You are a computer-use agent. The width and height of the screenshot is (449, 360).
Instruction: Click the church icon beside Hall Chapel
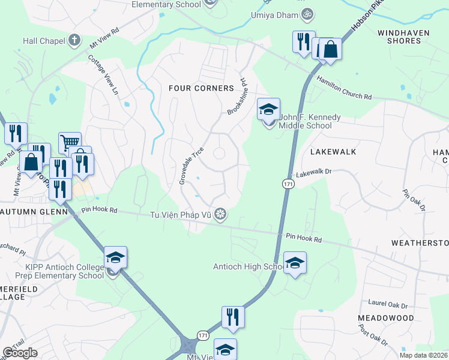click(74, 40)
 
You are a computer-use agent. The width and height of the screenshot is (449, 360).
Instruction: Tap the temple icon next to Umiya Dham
click(307, 13)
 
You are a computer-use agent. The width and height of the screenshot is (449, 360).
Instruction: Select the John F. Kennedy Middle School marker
click(269, 110)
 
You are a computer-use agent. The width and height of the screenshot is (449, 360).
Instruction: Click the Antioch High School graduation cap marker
click(295, 263)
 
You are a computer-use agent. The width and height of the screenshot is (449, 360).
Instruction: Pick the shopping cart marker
click(70, 143)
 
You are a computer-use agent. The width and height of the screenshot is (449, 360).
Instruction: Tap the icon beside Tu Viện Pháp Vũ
click(221, 214)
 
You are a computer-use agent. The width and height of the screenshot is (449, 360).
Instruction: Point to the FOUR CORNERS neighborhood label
click(200, 88)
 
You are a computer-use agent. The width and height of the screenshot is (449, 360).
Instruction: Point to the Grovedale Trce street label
click(193, 166)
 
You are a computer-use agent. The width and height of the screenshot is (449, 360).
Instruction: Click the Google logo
click(20, 353)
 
